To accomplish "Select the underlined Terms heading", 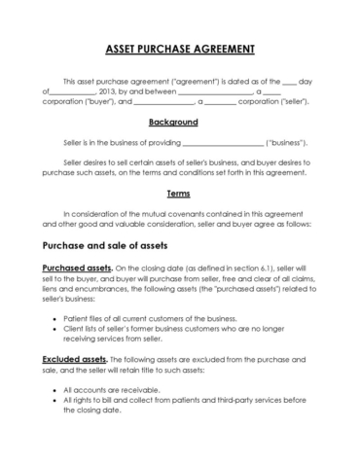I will pyautogui.click(x=178, y=193).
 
